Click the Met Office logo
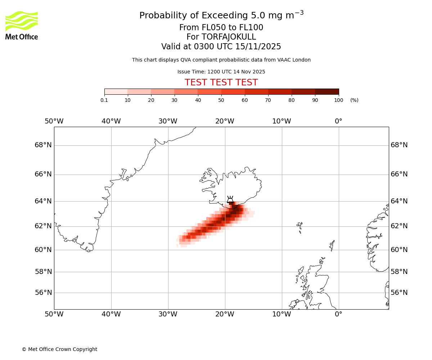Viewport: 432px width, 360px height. [22, 25]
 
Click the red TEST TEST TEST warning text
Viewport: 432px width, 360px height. [221, 83]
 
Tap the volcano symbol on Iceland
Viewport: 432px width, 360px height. [230, 200]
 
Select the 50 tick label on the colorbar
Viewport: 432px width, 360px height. [221, 100]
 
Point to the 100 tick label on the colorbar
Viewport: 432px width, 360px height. [338, 100]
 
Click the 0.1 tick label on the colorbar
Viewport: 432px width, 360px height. [104, 100]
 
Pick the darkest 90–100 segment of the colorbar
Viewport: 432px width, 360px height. [327, 91]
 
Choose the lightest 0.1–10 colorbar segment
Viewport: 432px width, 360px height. [116, 91]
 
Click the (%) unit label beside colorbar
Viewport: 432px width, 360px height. [354, 100]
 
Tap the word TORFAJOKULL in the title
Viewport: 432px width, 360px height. [229, 37]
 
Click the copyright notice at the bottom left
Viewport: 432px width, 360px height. [59, 349]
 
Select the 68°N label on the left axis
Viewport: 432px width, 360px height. [43, 145]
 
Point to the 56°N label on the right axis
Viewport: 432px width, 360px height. [399, 293]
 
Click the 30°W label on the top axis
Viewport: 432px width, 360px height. [168, 121]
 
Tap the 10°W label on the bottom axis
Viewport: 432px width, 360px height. [282, 314]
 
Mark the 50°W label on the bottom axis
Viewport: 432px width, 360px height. [54, 314]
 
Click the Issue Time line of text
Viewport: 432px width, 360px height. [221, 72]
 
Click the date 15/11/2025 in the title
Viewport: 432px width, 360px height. [258, 47]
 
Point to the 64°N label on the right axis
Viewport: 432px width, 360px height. [399, 201]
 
